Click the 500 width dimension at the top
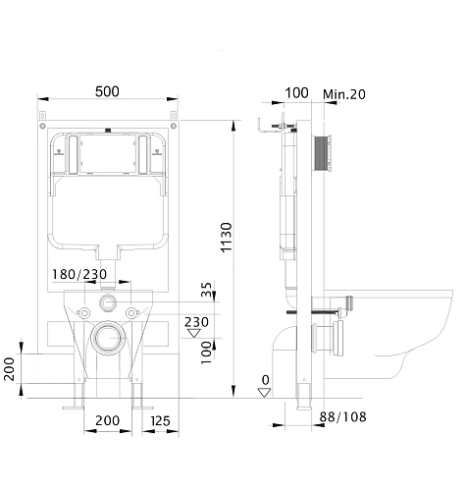[x=108, y=91]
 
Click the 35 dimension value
[x=205, y=291]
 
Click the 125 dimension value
[x=161, y=421]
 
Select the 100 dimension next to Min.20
[x=296, y=93]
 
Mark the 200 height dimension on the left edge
[x=10, y=371]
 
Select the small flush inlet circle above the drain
[x=108, y=300]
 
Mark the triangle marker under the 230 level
[x=194, y=333]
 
